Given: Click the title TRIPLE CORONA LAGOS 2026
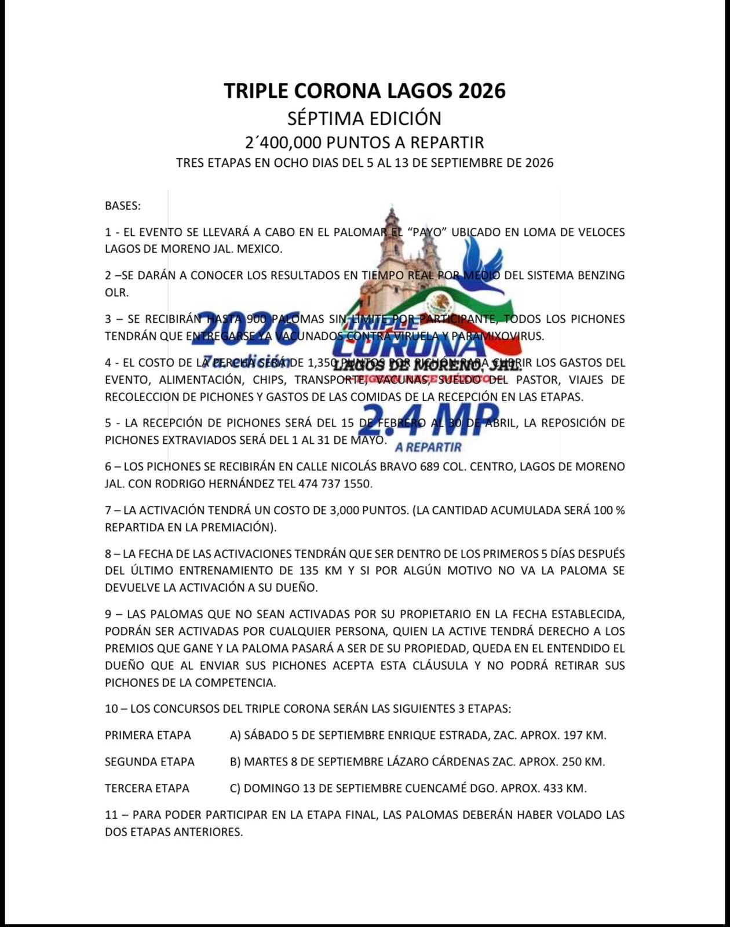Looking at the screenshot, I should [364, 91].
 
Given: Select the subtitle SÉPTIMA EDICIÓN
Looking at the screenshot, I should [364, 119].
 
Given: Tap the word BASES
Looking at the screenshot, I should [122, 206].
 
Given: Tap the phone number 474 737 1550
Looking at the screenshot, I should [335, 483].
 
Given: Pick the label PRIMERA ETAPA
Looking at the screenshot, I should [148, 735].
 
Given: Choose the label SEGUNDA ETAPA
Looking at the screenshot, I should [149, 762].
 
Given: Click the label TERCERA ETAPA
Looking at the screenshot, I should [147, 789].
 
